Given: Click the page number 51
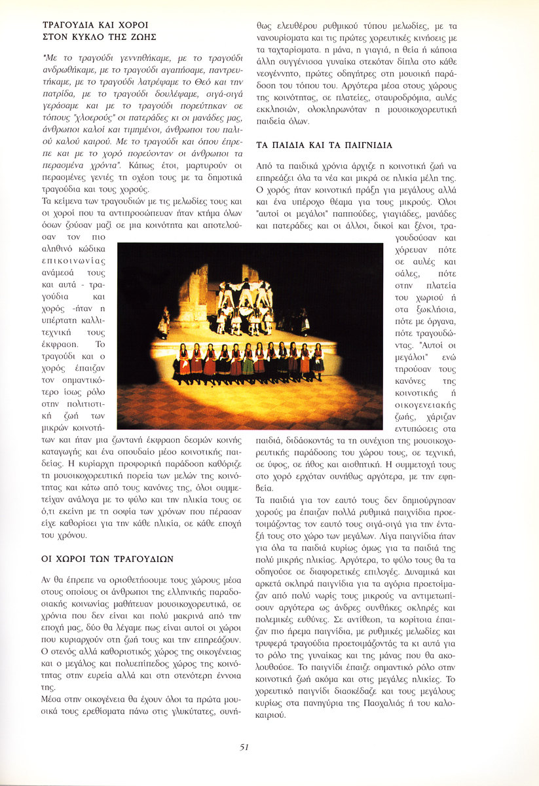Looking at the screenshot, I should (x=244, y=747).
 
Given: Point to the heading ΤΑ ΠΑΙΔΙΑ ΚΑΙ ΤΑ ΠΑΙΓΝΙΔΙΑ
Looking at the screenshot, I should (x=324, y=145).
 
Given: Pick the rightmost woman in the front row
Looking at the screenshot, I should (x=318, y=359).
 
